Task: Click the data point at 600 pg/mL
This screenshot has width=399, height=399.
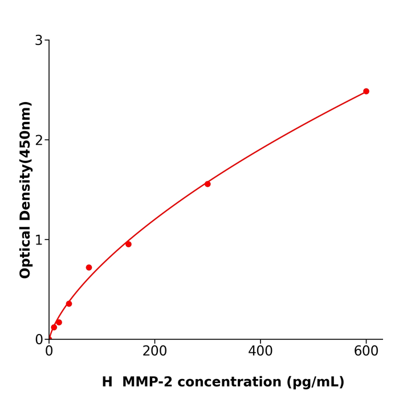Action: tap(366, 91)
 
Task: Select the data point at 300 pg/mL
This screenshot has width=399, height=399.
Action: tap(207, 184)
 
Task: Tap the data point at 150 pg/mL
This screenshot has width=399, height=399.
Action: tap(128, 244)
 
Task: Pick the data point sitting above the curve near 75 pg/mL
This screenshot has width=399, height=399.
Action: tap(89, 267)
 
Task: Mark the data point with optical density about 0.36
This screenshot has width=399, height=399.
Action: tap(69, 304)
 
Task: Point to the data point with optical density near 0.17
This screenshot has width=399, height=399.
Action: tap(59, 323)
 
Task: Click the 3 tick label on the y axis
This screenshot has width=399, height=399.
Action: tap(39, 40)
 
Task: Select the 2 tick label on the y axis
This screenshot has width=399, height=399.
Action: tap(39, 140)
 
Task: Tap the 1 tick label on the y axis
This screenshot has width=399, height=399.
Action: tap(39, 240)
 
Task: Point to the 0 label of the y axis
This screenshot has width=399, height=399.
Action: tap(39, 340)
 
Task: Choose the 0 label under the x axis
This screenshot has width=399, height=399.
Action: tap(49, 352)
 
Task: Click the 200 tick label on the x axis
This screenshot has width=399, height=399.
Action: tap(154, 352)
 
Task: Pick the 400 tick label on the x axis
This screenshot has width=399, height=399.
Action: tap(260, 352)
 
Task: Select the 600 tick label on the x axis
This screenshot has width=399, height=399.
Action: tap(366, 352)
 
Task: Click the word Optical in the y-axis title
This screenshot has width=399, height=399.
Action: tap(26, 251)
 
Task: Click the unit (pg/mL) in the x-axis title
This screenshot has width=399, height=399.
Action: tap(315, 382)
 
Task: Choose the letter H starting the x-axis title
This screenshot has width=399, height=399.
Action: tap(107, 382)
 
